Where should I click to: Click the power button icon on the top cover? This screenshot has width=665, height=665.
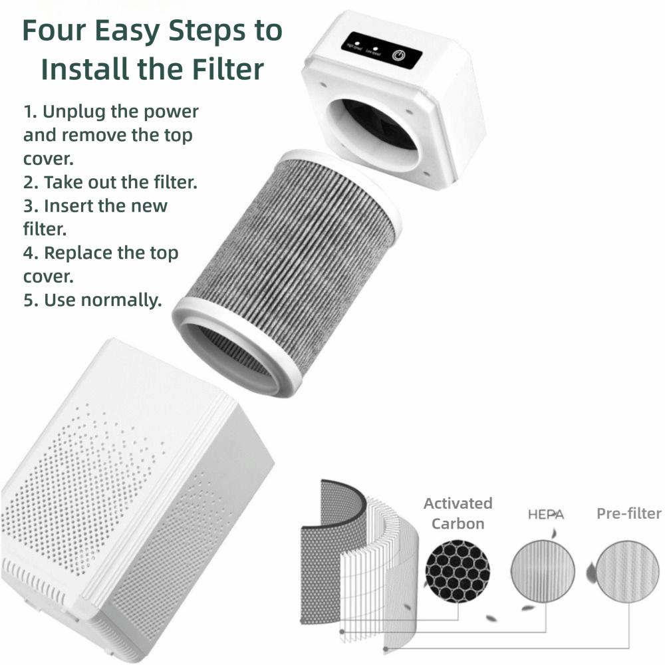[x=398, y=55]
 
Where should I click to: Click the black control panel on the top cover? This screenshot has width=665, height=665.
[x=381, y=52]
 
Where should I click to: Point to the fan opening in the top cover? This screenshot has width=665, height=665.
[x=380, y=126]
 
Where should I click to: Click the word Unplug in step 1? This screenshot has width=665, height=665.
[x=76, y=112]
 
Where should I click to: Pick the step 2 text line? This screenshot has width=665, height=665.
[x=110, y=182]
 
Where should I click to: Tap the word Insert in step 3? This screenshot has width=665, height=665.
[x=68, y=205]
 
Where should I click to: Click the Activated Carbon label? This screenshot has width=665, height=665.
[x=458, y=513]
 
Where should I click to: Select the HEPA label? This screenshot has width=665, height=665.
[x=545, y=515]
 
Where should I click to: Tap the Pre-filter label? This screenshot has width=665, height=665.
[x=628, y=513]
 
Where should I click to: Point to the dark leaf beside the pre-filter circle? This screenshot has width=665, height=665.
[x=589, y=571]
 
